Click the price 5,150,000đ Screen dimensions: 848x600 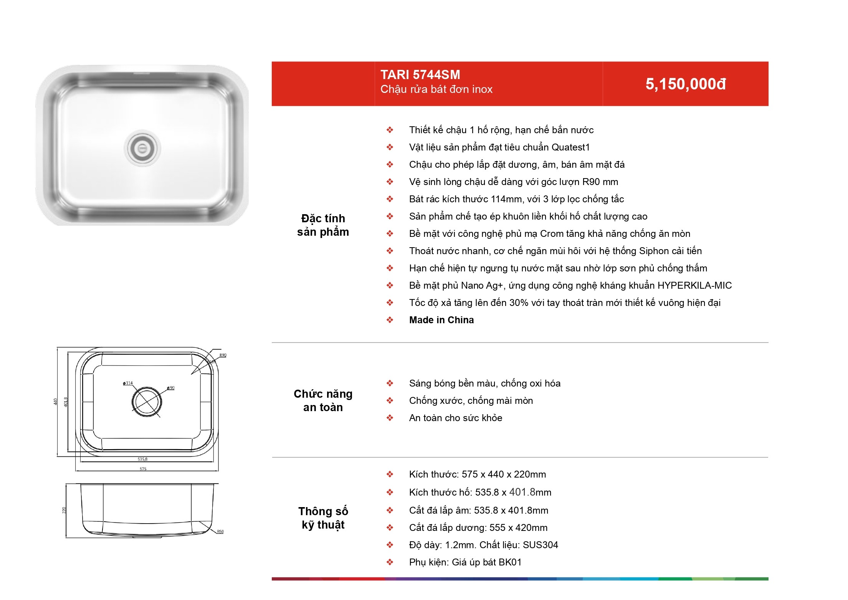pyautogui.click(x=686, y=84)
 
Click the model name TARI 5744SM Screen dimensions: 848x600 pyautogui.click(x=420, y=74)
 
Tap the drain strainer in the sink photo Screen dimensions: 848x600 pyautogui.click(x=142, y=148)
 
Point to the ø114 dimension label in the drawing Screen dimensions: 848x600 pyautogui.click(x=128, y=383)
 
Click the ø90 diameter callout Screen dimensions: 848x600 pyautogui.click(x=171, y=388)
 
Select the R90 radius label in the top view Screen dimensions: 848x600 pyautogui.click(x=223, y=355)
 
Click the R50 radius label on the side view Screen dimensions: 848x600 pyautogui.click(x=220, y=532)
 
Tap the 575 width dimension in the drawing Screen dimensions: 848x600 pyautogui.click(x=143, y=469)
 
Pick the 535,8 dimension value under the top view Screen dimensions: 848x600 pyautogui.click(x=142, y=459)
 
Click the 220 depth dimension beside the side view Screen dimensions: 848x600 pyautogui.click(x=64, y=510)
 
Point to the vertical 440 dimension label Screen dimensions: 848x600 pyautogui.click(x=55, y=402)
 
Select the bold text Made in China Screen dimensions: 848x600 pyautogui.click(x=441, y=320)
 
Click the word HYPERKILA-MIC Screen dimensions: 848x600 pyautogui.click(x=694, y=285)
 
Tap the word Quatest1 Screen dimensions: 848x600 pyautogui.click(x=570, y=147)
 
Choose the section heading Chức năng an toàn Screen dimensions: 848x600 pyautogui.click(x=323, y=400)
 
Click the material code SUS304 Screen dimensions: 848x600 pyautogui.click(x=541, y=545)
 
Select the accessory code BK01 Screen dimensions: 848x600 pyautogui.click(x=510, y=562)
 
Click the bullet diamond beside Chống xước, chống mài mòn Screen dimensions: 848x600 pyautogui.click(x=390, y=400)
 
